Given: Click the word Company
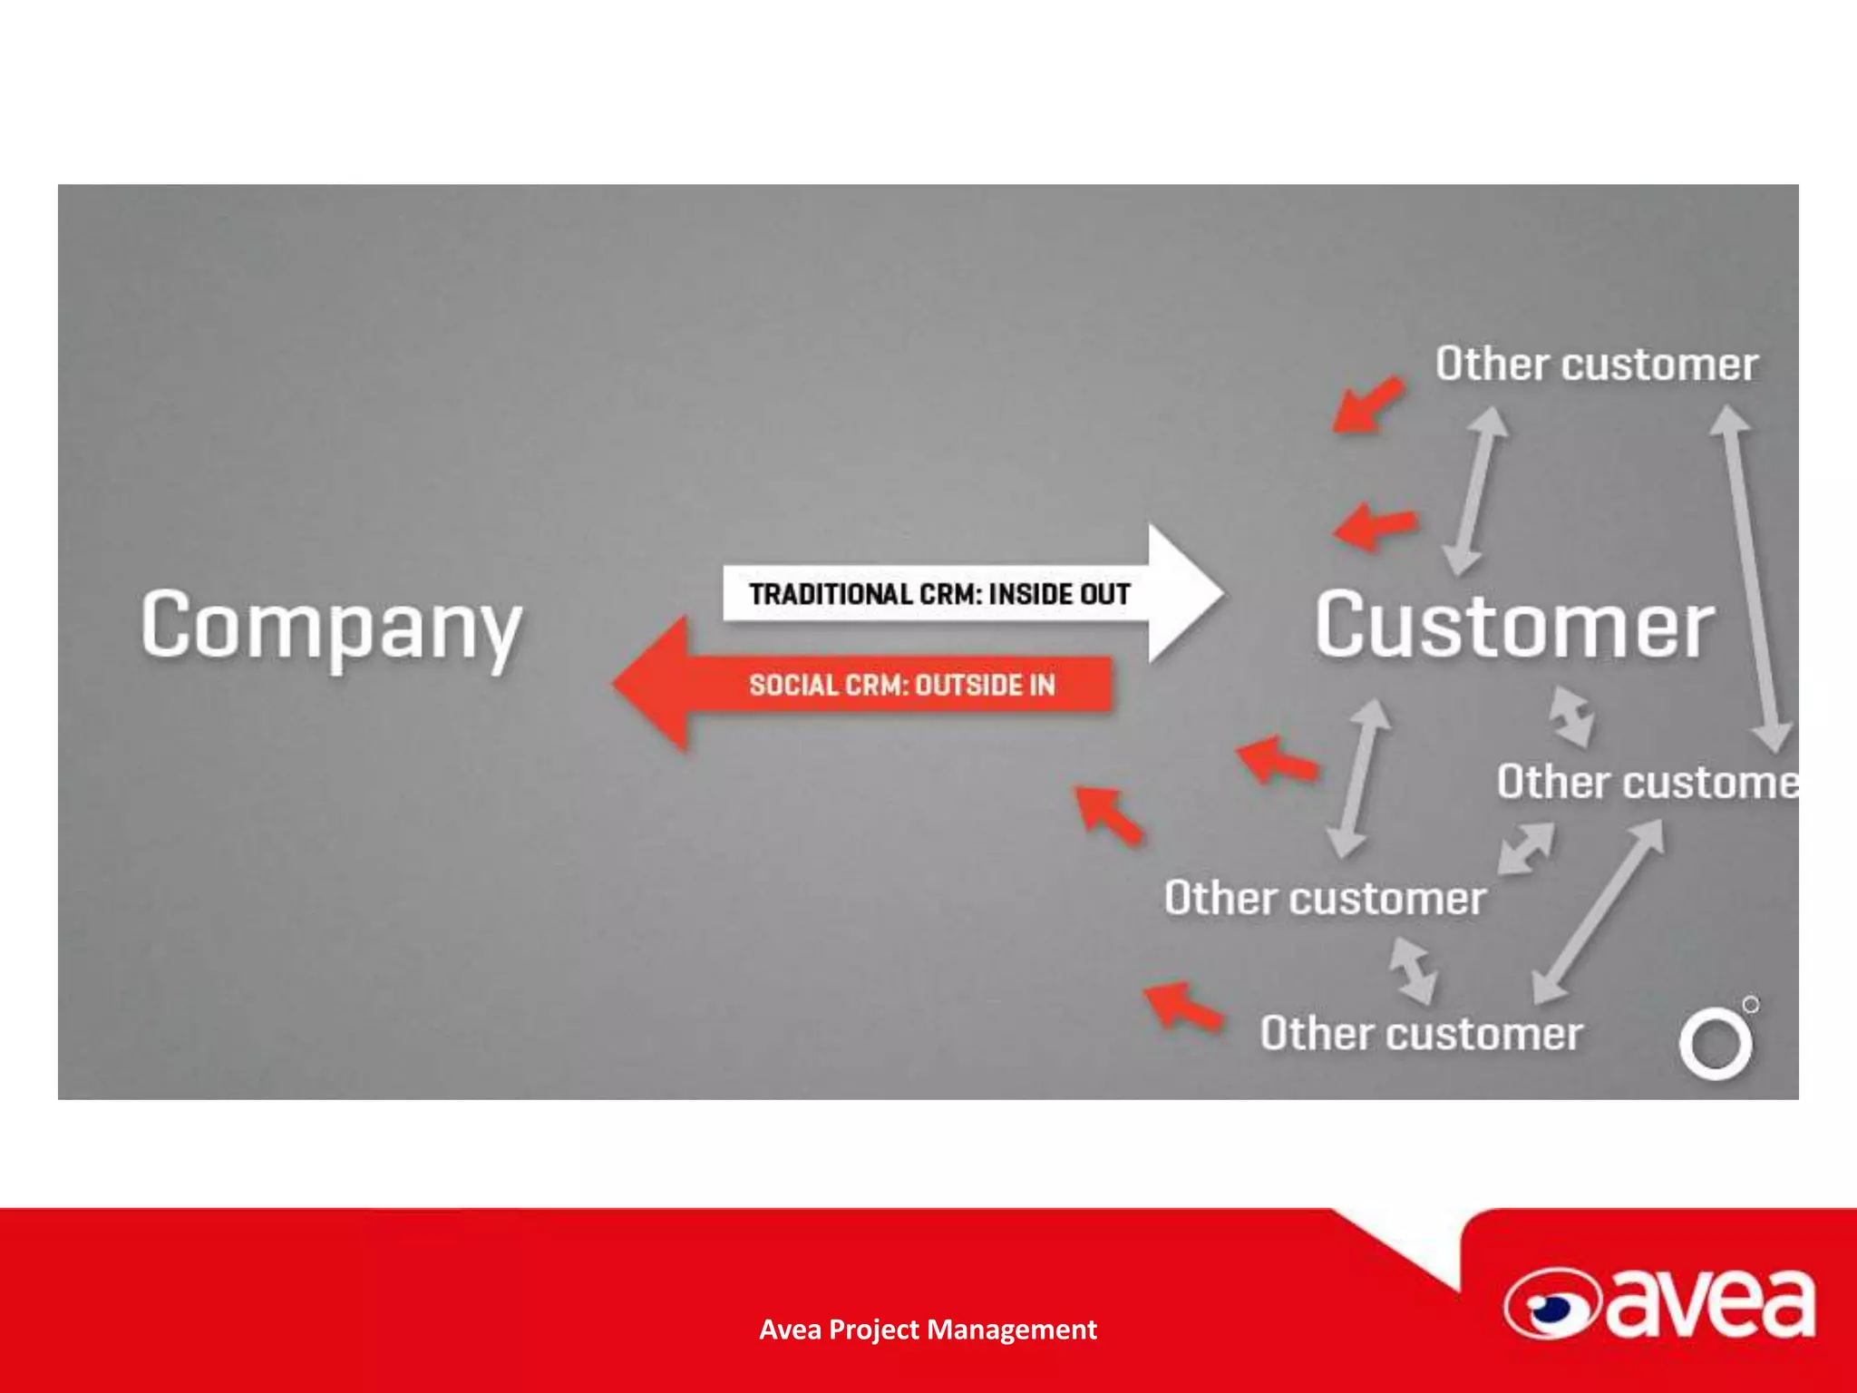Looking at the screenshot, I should tap(331, 626).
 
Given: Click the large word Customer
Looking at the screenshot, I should tap(1514, 626).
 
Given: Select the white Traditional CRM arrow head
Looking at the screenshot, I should tap(1183, 594).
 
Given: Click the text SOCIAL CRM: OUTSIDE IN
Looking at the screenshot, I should tap(901, 685).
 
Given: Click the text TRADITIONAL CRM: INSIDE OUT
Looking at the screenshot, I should tap(938, 594).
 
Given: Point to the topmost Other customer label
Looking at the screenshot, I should tap(1596, 365).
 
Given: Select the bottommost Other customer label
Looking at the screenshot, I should tap(1421, 1034).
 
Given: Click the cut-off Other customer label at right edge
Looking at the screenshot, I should tap(1646, 782).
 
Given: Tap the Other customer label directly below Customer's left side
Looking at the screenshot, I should tap(1325, 898).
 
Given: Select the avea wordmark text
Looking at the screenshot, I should tap(1709, 1304).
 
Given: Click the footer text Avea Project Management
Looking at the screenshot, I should tap(928, 1330).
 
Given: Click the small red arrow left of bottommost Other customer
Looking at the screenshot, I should tap(1182, 1006).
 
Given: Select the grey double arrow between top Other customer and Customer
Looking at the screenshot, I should tap(1475, 491).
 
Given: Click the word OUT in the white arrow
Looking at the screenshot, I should tap(1104, 594).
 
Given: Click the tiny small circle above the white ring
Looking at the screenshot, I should tap(1751, 1005).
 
